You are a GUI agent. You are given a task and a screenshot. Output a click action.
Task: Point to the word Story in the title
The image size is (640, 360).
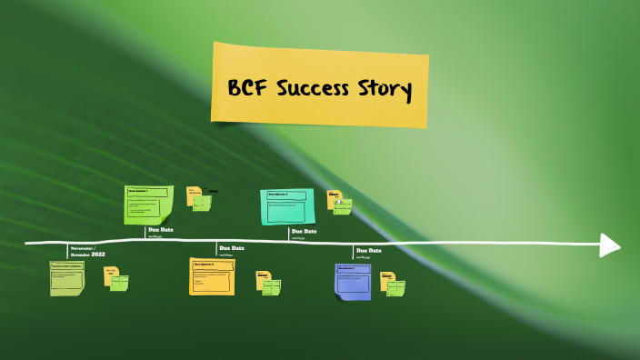(386, 92)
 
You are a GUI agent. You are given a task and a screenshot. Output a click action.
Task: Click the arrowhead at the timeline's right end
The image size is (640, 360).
(610, 245)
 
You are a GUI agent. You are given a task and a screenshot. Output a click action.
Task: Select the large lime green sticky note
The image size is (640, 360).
(148, 205)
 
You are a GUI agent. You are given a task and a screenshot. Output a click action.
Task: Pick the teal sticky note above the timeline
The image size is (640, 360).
(287, 206)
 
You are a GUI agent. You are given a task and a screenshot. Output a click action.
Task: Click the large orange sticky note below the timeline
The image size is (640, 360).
(211, 275)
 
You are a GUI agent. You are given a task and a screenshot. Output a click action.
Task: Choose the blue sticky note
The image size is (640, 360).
(353, 281)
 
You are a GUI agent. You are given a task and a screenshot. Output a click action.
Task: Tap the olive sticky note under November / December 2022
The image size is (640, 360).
(66, 278)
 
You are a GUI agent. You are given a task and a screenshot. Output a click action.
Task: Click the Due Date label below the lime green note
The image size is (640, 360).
(161, 230)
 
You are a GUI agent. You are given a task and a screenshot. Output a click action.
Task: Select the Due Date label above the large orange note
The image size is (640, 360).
(232, 247)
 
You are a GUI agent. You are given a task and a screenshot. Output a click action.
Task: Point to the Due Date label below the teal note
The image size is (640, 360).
(305, 231)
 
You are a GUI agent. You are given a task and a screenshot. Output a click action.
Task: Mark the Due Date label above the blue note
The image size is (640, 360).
(369, 250)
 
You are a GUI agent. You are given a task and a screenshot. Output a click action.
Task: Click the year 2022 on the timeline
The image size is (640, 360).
(98, 254)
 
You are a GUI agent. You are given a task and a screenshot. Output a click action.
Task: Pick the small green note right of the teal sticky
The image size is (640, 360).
(343, 206)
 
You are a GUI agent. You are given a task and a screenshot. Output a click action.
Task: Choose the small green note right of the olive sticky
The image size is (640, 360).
(119, 283)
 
